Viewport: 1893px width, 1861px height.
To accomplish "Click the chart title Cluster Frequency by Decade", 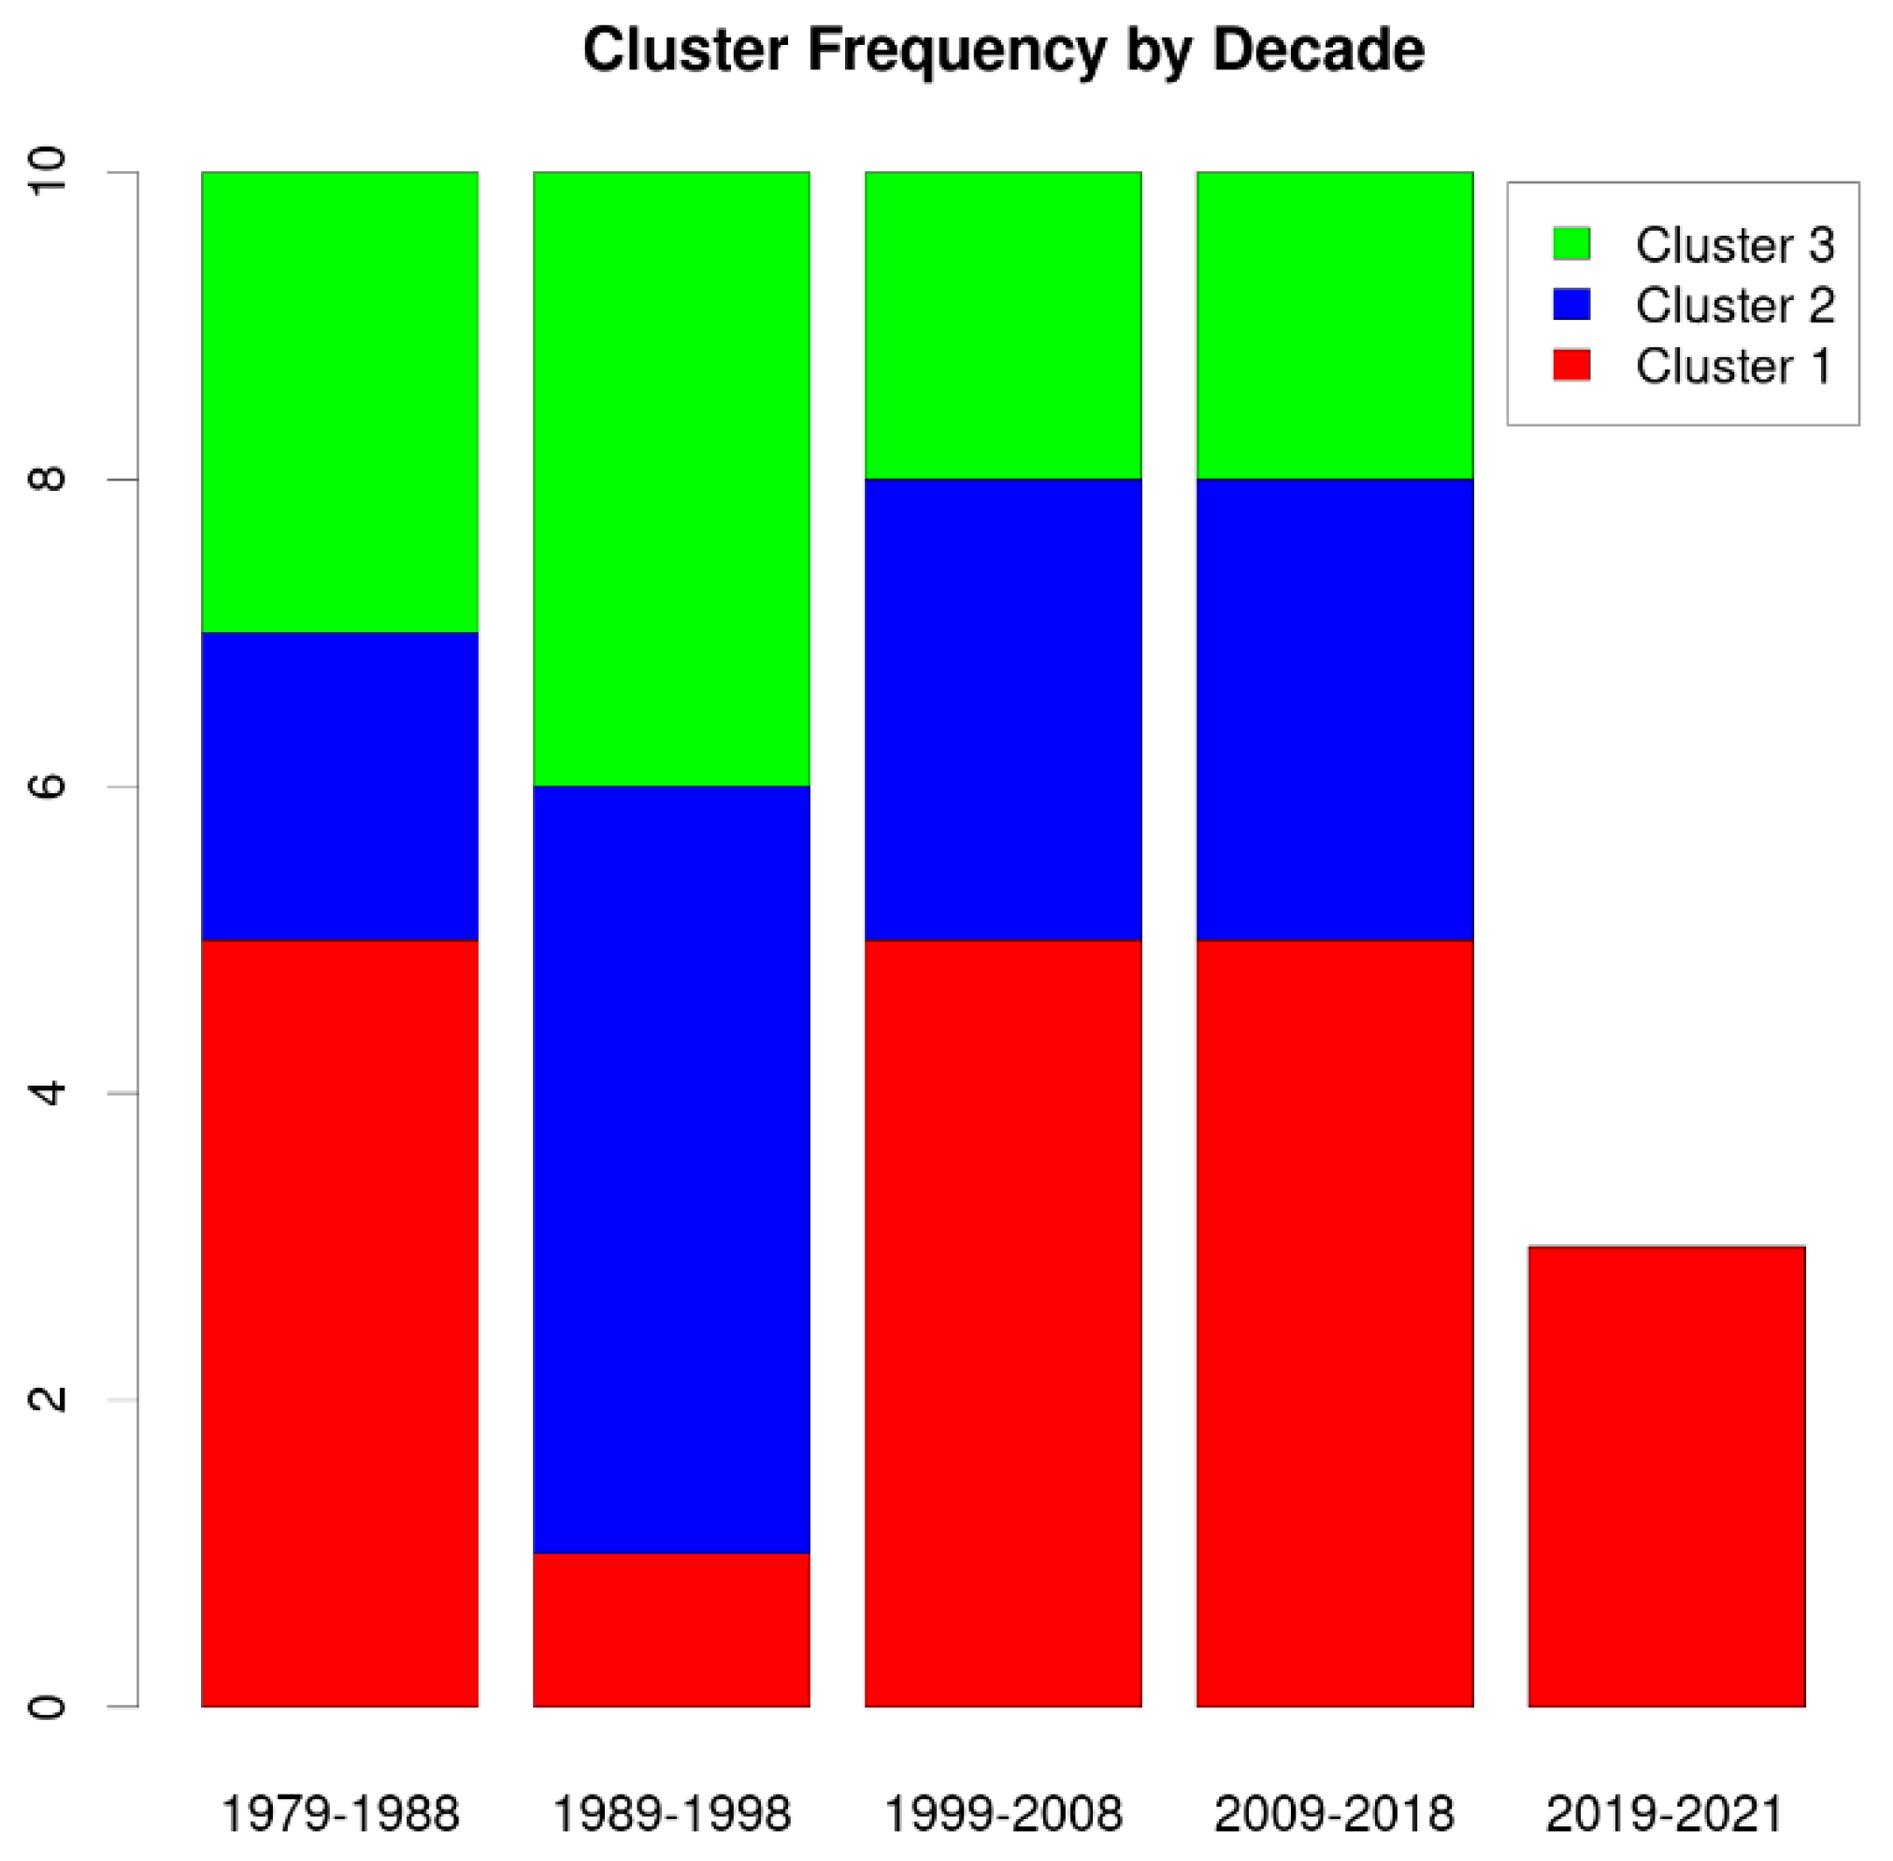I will (x=1003, y=50).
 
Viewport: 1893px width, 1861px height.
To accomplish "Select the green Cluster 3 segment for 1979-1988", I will (x=340, y=402).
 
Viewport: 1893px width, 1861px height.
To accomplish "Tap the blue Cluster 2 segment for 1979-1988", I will (x=340, y=786).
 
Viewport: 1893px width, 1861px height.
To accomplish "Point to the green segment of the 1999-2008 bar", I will (x=1003, y=325).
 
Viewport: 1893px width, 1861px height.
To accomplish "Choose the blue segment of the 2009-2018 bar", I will (x=1334, y=710).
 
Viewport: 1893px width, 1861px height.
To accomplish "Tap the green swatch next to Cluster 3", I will (x=1570, y=243).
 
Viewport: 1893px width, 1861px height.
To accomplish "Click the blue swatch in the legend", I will (x=1570, y=304).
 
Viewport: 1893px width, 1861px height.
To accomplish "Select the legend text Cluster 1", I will (x=1734, y=366).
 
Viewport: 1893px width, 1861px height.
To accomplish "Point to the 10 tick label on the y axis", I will (x=47, y=172).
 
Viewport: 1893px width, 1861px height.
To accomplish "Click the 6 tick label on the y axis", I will (x=47, y=786).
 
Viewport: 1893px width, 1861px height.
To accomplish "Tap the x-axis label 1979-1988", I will (x=340, y=1814).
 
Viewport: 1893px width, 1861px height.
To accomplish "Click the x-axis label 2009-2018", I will (x=1334, y=1814).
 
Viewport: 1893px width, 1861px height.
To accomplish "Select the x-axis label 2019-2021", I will (x=1665, y=1814).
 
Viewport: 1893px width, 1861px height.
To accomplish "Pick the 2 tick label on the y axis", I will (x=47, y=1400).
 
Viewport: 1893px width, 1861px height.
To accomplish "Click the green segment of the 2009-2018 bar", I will (x=1334, y=325).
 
